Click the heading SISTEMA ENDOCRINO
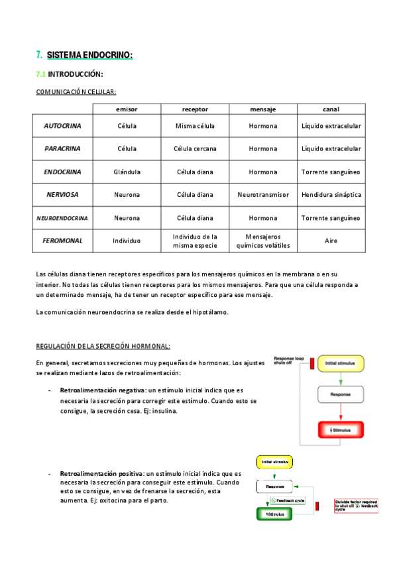(89, 55)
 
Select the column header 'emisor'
(127, 109)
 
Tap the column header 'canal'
(331, 109)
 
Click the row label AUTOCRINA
(62, 126)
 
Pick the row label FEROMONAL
(62, 241)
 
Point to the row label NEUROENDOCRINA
(62, 217)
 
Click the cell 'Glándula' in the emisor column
(127, 172)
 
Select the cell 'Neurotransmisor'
(263, 195)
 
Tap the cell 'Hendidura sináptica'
(331, 195)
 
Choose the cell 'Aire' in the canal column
(331, 241)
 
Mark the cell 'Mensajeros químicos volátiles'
(263, 241)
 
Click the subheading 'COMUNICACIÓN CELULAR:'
(76, 92)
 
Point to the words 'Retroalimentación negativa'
(103, 390)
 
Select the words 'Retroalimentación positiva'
(101, 474)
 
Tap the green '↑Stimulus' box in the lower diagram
(274, 514)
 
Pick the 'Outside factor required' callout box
(356, 506)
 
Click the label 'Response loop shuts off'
(289, 360)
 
